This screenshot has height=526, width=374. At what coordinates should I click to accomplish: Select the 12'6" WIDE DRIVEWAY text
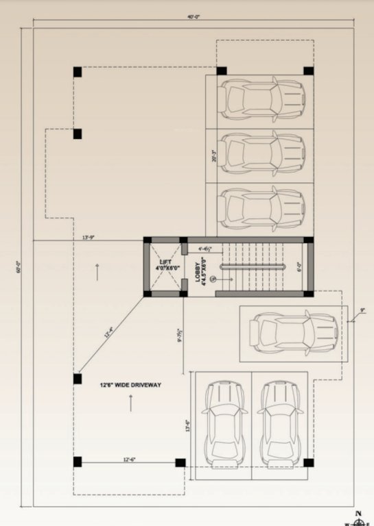tap(129, 385)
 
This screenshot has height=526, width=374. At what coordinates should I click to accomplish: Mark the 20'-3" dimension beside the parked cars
tap(214, 157)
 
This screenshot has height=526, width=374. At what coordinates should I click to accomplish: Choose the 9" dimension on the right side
tap(362, 310)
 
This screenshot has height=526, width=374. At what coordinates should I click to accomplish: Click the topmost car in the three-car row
tap(264, 99)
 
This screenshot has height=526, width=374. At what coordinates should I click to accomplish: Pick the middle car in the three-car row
tap(264, 153)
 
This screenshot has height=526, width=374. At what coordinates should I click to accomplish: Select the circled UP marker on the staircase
tap(213, 279)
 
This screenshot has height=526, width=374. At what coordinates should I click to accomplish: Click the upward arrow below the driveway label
tap(130, 403)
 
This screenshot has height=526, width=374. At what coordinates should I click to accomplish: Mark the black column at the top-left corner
tap(78, 71)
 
